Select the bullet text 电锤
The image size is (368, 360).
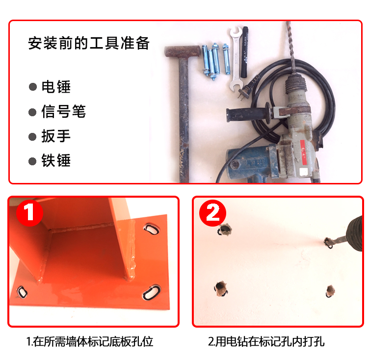[x=56, y=87]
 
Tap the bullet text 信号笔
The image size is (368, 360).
[x=63, y=112]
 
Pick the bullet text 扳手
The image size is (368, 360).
[x=56, y=136]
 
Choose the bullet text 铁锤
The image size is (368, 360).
[x=56, y=160]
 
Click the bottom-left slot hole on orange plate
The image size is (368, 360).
[x=22, y=292]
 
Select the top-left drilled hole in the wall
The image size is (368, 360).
[x=225, y=230]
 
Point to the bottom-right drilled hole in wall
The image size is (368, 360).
[x=330, y=289]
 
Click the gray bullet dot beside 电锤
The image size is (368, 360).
[x=33, y=87]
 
